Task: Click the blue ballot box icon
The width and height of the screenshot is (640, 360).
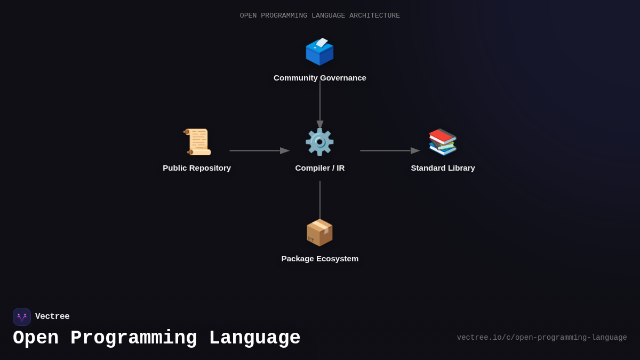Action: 319,52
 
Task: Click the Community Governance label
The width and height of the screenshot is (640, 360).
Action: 319,78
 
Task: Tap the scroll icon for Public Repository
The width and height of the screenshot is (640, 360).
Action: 197,142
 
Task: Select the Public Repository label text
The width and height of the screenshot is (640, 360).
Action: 197,168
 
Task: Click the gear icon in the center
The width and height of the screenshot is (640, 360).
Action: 319,142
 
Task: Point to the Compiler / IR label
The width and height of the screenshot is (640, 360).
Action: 319,168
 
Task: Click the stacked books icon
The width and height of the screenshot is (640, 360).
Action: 443,142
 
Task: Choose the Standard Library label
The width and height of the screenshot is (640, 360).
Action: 443,168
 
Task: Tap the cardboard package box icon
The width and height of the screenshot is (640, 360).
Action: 319,233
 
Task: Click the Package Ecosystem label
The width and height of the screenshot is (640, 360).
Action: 319,259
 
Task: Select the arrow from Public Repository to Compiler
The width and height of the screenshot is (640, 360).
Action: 259,151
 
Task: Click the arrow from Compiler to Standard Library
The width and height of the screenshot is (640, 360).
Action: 389,151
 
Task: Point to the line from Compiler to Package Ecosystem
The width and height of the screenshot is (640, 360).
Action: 320,200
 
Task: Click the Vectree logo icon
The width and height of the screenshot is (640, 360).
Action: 22,317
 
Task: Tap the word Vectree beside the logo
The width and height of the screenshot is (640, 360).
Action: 52,317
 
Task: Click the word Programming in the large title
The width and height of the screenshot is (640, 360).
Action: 133,338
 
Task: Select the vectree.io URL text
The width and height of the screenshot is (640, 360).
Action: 541,338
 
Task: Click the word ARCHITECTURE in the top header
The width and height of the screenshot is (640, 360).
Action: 374,16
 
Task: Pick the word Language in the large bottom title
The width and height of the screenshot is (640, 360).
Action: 254,338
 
